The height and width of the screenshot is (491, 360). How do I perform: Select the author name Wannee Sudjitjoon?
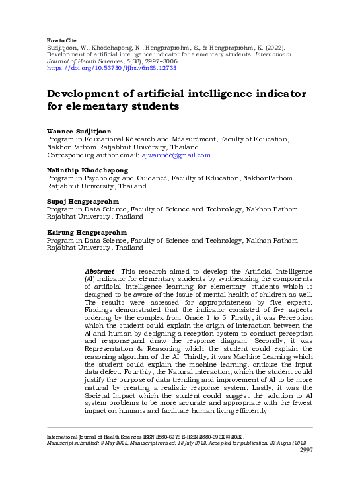79,132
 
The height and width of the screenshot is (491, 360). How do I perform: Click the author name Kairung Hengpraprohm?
85,233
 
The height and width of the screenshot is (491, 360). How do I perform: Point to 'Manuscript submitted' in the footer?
69,443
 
